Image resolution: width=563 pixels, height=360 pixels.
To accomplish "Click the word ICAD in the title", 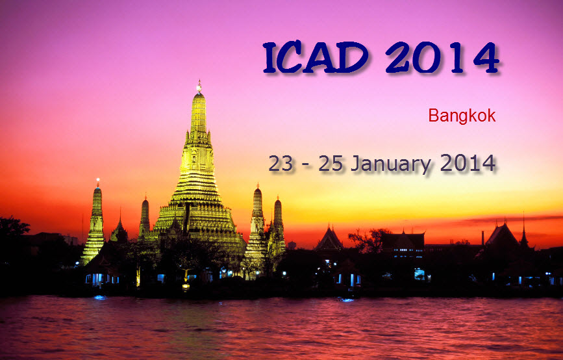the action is pos(316,57).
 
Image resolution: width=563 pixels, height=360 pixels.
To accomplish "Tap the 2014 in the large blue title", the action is pos(442,57).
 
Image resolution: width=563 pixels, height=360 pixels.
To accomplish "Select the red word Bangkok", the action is pos(462,116).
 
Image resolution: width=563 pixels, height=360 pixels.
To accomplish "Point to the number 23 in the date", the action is pos(281,164).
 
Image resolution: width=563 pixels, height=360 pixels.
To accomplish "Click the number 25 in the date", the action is pos(331,164).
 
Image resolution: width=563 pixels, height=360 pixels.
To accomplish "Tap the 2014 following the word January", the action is pos(468,163).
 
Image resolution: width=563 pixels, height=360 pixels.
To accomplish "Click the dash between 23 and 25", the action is pos(305,166).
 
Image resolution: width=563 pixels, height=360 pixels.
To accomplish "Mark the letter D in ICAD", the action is pos(353,57).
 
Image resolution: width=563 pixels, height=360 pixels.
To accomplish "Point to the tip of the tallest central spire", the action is pos(199,81).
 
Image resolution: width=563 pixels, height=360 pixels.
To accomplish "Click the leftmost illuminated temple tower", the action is pos(94,225).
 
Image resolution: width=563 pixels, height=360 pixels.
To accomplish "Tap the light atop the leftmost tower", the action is pos(97,180).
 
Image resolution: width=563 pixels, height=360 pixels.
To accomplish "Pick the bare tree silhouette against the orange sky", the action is pos(368,240).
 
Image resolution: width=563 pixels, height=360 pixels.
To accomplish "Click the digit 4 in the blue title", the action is pos(487,57).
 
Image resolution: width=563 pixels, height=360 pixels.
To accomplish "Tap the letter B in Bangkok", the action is pos(434,116).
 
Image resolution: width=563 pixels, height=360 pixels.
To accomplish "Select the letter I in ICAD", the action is pos(269,57).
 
